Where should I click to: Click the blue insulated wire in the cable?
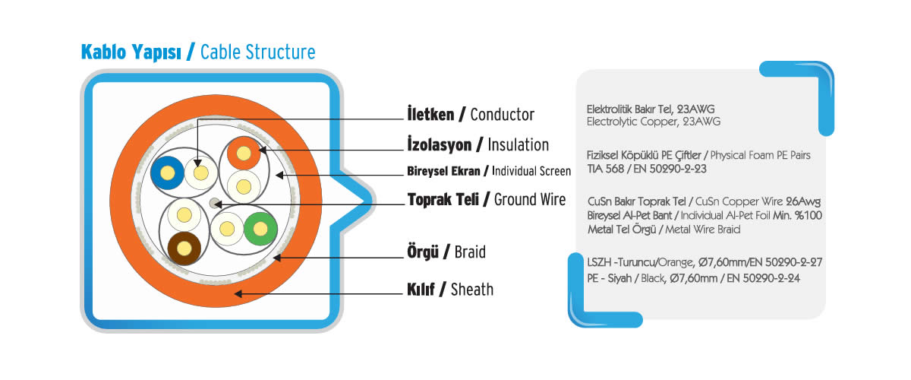coord(167,173)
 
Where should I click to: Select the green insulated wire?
coord(260,229)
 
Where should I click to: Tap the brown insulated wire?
coord(184,248)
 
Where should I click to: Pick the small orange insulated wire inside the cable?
coord(244,154)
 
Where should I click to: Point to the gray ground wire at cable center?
coord(214,203)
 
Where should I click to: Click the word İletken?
coord(430,115)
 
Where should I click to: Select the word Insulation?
coord(518,145)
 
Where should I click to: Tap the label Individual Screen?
coord(531,171)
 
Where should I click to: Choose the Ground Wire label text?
coord(530,200)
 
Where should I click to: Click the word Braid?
coord(470,252)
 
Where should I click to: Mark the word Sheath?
coord(472,290)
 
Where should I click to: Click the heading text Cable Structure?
coord(258,52)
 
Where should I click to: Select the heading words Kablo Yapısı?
coord(131,52)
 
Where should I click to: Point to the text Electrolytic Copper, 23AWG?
coord(654,122)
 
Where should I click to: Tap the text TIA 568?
coord(605,169)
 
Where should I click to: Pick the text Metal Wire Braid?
coord(703,230)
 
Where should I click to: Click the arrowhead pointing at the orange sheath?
coord(238,293)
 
